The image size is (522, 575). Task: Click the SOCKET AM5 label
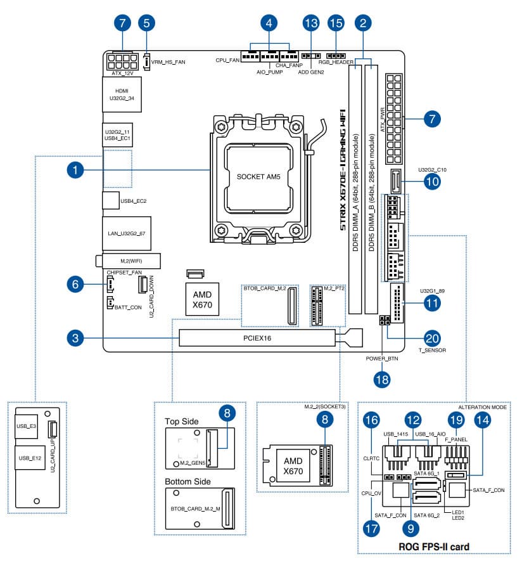258,176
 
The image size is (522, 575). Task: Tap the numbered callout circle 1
75,170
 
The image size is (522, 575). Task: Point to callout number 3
75,338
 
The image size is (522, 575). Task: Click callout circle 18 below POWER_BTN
381,379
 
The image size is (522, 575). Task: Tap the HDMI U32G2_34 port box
122,95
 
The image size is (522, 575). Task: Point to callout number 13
310,23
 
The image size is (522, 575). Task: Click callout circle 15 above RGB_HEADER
336,23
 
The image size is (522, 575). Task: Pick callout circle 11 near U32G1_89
433,303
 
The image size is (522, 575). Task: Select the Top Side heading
182,421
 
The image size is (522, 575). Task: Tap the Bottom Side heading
188,481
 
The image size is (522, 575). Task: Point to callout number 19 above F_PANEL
455,420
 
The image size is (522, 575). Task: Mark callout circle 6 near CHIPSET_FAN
75,285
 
